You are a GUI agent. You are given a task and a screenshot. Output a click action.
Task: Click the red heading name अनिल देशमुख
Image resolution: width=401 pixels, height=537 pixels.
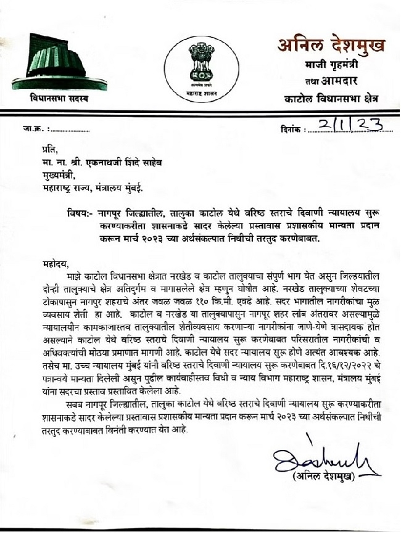pyautogui.click(x=331, y=46)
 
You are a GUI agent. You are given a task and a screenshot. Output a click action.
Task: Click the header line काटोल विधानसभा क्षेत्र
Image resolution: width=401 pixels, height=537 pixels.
pyautogui.click(x=331, y=98)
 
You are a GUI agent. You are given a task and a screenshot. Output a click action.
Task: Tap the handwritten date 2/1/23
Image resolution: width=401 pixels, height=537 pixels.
pyautogui.click(x=348, y=125)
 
